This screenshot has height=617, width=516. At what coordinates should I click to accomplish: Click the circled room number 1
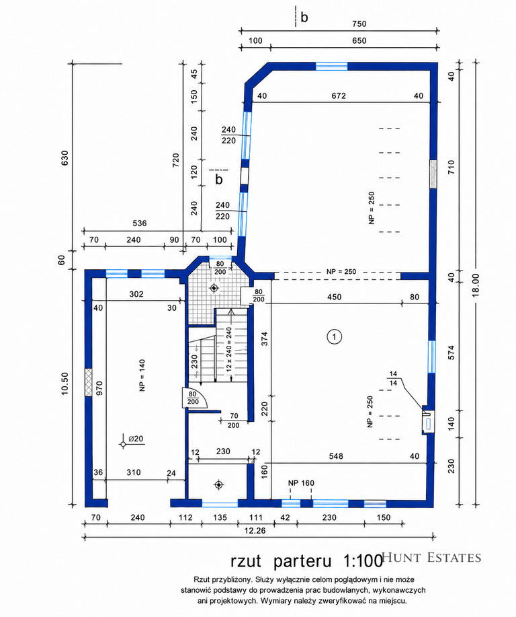[x=335, y=337]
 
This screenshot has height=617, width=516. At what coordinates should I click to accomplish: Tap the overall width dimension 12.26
[x=255, y=531]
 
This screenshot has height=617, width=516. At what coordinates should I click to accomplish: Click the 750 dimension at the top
[x=359, y=24]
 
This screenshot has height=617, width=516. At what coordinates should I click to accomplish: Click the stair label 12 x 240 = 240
[x=229, y=347]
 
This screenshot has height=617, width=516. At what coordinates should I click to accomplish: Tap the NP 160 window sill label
[x=301, y=483]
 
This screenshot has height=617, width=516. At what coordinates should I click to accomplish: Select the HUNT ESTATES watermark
[x=431, y=557]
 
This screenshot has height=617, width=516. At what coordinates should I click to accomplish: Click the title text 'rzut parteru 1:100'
[x=306, y=560]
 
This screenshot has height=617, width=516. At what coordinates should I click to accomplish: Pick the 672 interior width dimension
[x=339, y=96]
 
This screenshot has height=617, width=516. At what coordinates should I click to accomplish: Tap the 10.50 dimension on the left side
[x=65, y=384]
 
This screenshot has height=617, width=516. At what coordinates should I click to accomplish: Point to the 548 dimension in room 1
[x=336, y=456]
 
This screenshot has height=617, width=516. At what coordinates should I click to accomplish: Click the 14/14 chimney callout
[x=394, y=379]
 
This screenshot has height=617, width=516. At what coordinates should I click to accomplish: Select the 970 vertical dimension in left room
[x=99, y=388]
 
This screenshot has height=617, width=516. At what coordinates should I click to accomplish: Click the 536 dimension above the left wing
[x=140, y=223]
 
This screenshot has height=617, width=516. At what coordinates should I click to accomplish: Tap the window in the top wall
[x=332, y=66]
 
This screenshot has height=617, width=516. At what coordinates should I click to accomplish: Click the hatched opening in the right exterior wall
[x=433, y=174]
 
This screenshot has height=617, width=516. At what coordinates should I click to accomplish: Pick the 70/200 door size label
[x=233, y=421]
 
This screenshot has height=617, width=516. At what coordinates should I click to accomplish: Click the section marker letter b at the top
[x=304, y=17]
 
